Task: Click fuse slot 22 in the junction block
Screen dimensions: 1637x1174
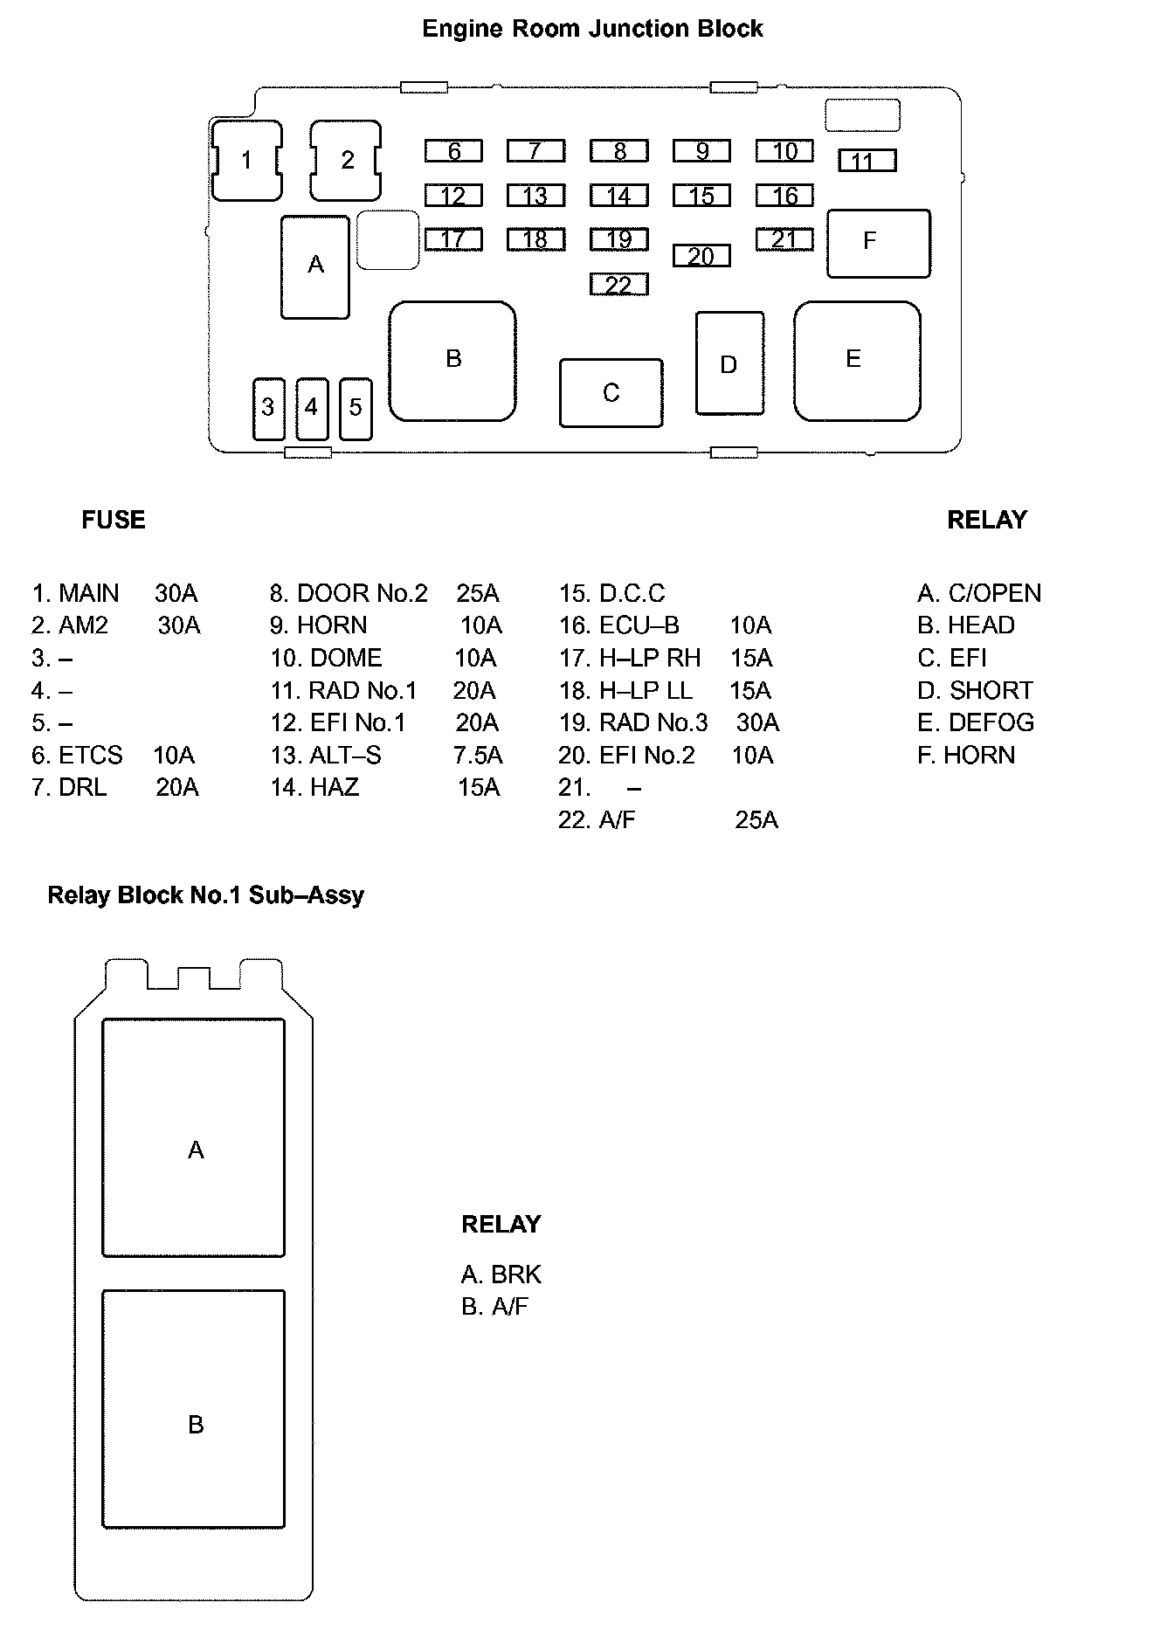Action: click(618, 285)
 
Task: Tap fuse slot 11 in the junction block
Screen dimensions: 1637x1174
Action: click(867, 161)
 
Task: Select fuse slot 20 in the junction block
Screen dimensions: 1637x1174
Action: click(701, 256)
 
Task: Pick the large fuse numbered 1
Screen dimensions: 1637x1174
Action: click(247, 161)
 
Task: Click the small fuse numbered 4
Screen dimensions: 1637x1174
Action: click(312, 408)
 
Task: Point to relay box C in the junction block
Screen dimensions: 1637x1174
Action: click(611, 393)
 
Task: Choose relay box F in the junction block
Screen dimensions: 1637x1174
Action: click(878, 242)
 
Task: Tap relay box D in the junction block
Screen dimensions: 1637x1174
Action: click(729, 363)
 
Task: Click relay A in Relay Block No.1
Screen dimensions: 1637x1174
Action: click(194, 1137)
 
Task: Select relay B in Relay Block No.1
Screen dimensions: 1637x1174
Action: click(194, 1410)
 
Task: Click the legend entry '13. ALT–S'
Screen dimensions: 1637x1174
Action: click(326, 756)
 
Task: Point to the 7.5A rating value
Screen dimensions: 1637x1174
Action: click(478, 756)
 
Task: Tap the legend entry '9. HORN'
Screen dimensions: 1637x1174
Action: click(319, 625)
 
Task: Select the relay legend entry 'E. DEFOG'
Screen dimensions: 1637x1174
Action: click(976, 722)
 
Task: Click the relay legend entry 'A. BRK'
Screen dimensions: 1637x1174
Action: click(501, 1274)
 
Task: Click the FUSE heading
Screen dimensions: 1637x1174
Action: click(114, 520)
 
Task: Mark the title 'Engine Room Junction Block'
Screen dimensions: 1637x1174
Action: click(592, 29)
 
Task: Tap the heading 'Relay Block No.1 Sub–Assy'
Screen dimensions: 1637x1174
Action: click(205, 895)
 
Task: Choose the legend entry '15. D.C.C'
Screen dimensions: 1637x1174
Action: click(612, 593)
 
